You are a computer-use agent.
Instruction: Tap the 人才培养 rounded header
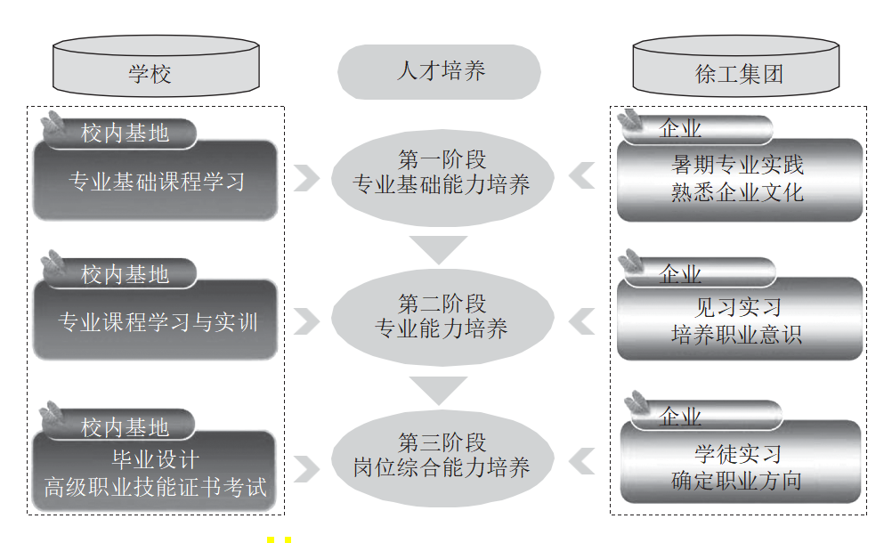point(439,71)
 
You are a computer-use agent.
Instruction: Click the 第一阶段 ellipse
point(442,178)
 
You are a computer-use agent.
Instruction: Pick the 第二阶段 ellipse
point(442,317)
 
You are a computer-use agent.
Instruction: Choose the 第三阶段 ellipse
point(442,458)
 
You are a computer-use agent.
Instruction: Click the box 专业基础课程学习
point(155,181)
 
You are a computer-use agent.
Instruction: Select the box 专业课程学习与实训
point(155,320)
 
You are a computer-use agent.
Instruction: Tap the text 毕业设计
point(155,459)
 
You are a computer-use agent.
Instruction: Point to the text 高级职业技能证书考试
point(155,487)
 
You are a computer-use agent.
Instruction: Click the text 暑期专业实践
point(737,165)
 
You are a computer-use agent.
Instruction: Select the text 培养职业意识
point(737,335)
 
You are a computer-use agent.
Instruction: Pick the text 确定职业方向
point(737,481)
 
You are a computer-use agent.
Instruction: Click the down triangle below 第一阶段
point(439,247)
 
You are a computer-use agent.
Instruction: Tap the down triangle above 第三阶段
point(439,388)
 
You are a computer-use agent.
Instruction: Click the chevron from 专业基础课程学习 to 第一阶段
point(306,178)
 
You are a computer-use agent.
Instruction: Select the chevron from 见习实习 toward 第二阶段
point(581,321)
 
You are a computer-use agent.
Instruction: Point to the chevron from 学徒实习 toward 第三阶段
point(581,460)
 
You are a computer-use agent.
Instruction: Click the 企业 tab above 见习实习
point(700,273)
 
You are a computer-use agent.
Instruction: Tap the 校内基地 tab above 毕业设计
point(119,425)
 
